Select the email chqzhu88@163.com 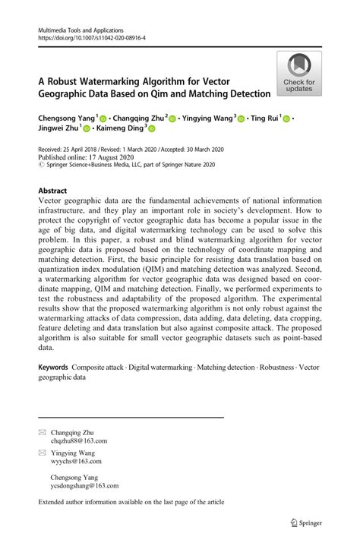(x=79, y=440)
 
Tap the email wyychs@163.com (x=76, y=461)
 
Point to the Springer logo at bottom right (x=307, y=522)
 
